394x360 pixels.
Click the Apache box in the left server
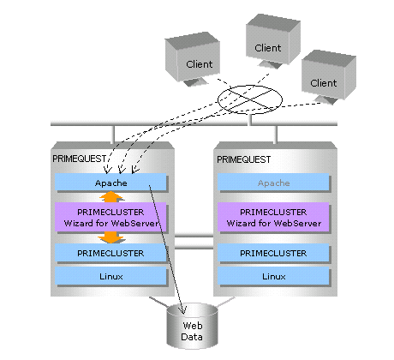click(110, 182)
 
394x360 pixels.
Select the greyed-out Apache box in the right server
click(273, 182)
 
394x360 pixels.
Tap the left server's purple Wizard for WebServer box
click(110, 217)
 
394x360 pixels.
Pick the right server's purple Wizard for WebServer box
click(273, 217)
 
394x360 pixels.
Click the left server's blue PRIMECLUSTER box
click(110, 253)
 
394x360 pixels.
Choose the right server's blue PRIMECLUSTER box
click(273, 253)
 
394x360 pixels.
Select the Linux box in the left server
click(110, 276)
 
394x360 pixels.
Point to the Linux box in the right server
click(273, 276)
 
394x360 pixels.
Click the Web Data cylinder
click(192, 327)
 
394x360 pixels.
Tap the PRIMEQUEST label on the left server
click(79, 159)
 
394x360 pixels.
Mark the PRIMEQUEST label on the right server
click(243, 159)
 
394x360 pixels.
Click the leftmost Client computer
click(193, 59)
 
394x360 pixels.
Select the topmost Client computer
click(273, 41)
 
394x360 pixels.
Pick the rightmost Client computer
click(329, 76)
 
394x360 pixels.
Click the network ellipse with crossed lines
click(250, 99)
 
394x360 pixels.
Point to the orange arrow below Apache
click(111, 196)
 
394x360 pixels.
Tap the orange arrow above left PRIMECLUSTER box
click(111, 237)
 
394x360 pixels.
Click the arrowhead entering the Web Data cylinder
click(182, 310)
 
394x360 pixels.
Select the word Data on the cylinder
click(192, 337)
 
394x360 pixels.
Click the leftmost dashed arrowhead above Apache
click(107, 169)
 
